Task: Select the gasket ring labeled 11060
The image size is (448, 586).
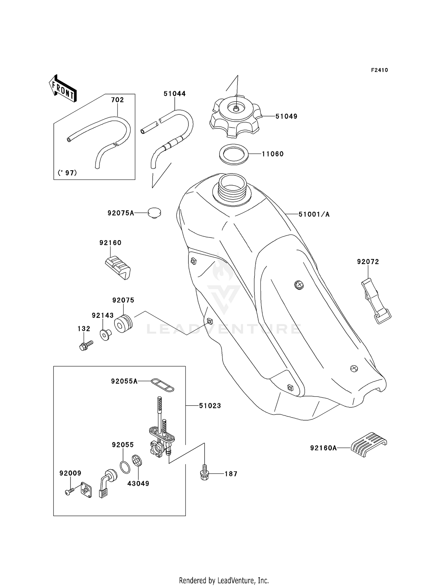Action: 234,154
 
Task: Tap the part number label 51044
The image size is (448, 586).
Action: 174,94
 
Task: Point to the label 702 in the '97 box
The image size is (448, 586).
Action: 117,100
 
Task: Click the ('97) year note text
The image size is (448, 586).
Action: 67,173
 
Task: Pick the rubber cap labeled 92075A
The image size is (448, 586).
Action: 154,213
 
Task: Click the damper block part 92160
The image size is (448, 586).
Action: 118,267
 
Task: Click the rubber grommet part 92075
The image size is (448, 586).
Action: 123,324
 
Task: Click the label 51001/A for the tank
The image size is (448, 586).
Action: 314,214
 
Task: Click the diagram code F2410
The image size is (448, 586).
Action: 379,70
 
